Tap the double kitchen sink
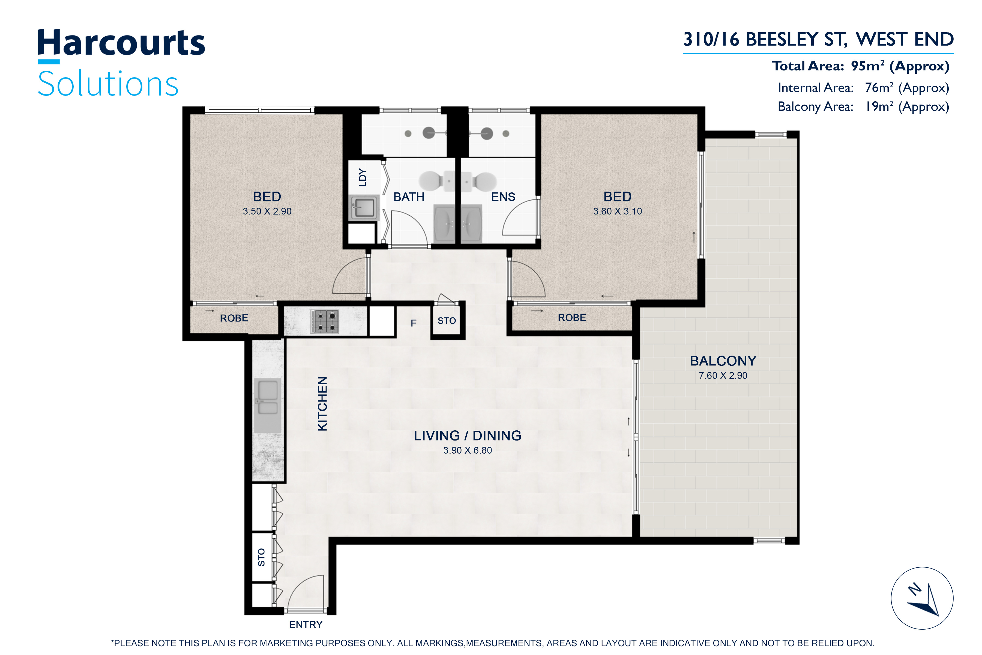pyautogui.click(x=267, y=406)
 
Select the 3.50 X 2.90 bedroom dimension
pyautogui.click(x=267, y=211)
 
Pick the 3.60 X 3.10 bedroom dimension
pyautogui.click(x=618, y=211)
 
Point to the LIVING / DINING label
pyautogui.click(x=468, y=436)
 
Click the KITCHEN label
pyautogui.click(x=322, y=404)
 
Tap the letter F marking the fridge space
pyautogui.click(x=413, y=323)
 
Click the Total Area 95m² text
pyautogui.click(x=861, y=66)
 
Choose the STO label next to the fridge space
pyautogui.click(x=447, y=321)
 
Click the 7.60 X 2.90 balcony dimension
pyautogui.click(x=723, y=376)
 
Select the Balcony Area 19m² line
pyautogui.click(x=863, y=106)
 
